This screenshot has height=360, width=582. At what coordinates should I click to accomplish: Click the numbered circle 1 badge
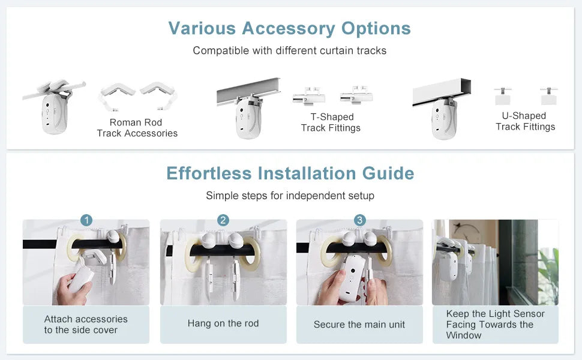[86, 220]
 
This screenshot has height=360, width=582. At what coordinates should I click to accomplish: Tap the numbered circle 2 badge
[223, 220]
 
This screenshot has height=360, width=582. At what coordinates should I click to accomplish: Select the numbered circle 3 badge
[359, 220]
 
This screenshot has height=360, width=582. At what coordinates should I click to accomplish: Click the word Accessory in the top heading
[289, 29]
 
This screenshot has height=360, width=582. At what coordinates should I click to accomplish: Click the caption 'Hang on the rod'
[223, 323]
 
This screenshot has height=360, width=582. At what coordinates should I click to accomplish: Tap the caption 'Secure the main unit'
[359, 325]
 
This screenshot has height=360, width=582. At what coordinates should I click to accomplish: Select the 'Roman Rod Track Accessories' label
[137, 128]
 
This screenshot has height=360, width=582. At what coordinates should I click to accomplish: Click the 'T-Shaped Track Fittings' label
[331, 122]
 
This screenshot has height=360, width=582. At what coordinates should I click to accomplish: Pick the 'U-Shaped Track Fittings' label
[525, 121]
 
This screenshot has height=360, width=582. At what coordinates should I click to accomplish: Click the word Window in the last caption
[464, 335]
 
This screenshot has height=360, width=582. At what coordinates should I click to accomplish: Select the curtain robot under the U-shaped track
[444, 119]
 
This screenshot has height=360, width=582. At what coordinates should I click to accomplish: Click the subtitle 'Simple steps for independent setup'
[290, 196]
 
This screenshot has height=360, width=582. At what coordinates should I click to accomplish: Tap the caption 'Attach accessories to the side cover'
[86, 325]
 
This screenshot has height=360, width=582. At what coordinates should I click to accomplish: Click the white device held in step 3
[352, 278]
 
